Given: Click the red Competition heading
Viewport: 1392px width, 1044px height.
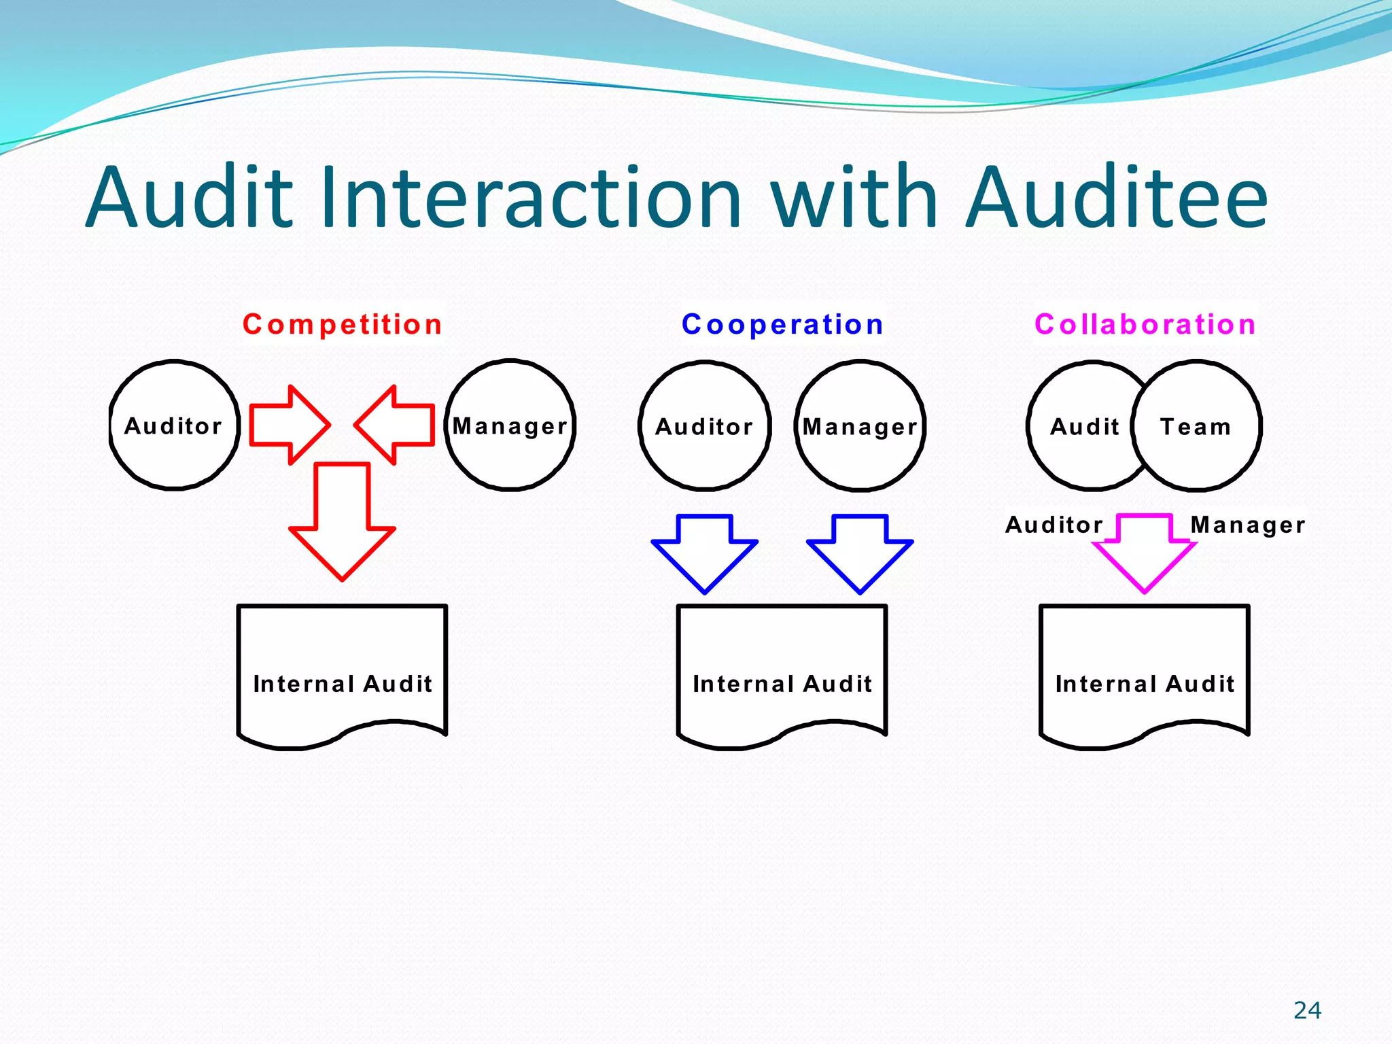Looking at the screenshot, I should pyautogui.click(x=343, y=324).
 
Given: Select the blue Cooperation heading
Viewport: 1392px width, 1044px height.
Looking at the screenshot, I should pyautogui.click(x=782, y=324).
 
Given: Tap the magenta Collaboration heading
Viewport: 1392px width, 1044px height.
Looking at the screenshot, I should pyautogui.click(x=1145, y=324).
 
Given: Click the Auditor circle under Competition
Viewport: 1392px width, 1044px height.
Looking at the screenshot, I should pyautogui.click(x=174, y=425).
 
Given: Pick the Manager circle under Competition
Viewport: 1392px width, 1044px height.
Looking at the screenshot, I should pyautogui.click(x=510, y=425).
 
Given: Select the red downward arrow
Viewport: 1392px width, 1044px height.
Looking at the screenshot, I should pyautogui.click(x=342, y=523).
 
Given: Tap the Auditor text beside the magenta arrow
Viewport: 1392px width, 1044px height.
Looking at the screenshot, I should pyautogui.click(x=1054, y=525).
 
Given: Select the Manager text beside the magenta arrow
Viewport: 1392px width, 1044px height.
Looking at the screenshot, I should pyautogui.click(x=1248, y=525).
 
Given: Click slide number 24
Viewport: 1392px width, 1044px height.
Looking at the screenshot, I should pyautogui.click(x=1307, y=1010).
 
